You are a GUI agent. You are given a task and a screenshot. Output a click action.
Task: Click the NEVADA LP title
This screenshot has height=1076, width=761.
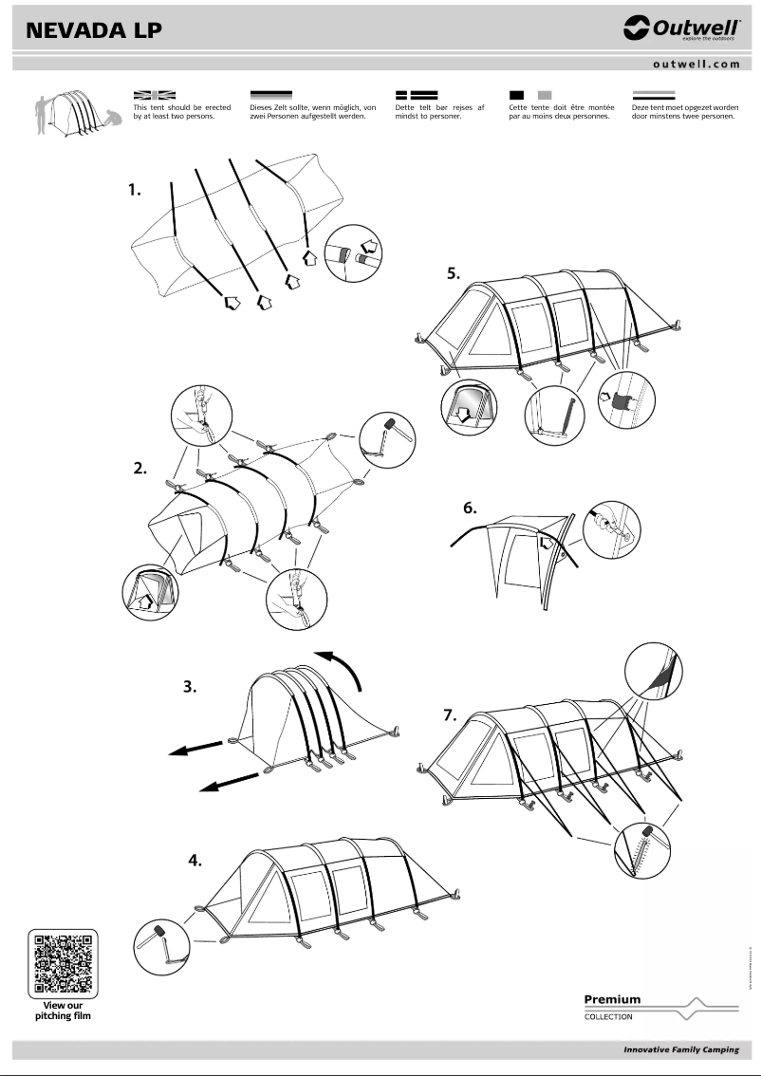94,30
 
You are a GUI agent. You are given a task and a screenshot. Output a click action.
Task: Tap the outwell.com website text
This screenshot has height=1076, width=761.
696,64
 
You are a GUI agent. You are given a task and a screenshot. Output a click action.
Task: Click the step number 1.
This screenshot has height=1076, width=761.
135,190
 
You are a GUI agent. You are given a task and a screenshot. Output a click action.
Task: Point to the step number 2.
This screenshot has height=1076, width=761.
140,468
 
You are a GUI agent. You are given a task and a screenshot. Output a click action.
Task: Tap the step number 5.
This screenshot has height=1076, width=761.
455,273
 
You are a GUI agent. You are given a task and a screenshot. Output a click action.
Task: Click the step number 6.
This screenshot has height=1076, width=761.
470,508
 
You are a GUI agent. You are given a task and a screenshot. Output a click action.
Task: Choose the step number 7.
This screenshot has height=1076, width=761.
451,715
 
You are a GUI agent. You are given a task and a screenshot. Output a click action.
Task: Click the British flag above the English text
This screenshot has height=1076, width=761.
155,95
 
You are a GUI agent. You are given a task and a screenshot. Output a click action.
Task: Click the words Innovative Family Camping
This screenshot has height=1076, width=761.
680,1050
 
